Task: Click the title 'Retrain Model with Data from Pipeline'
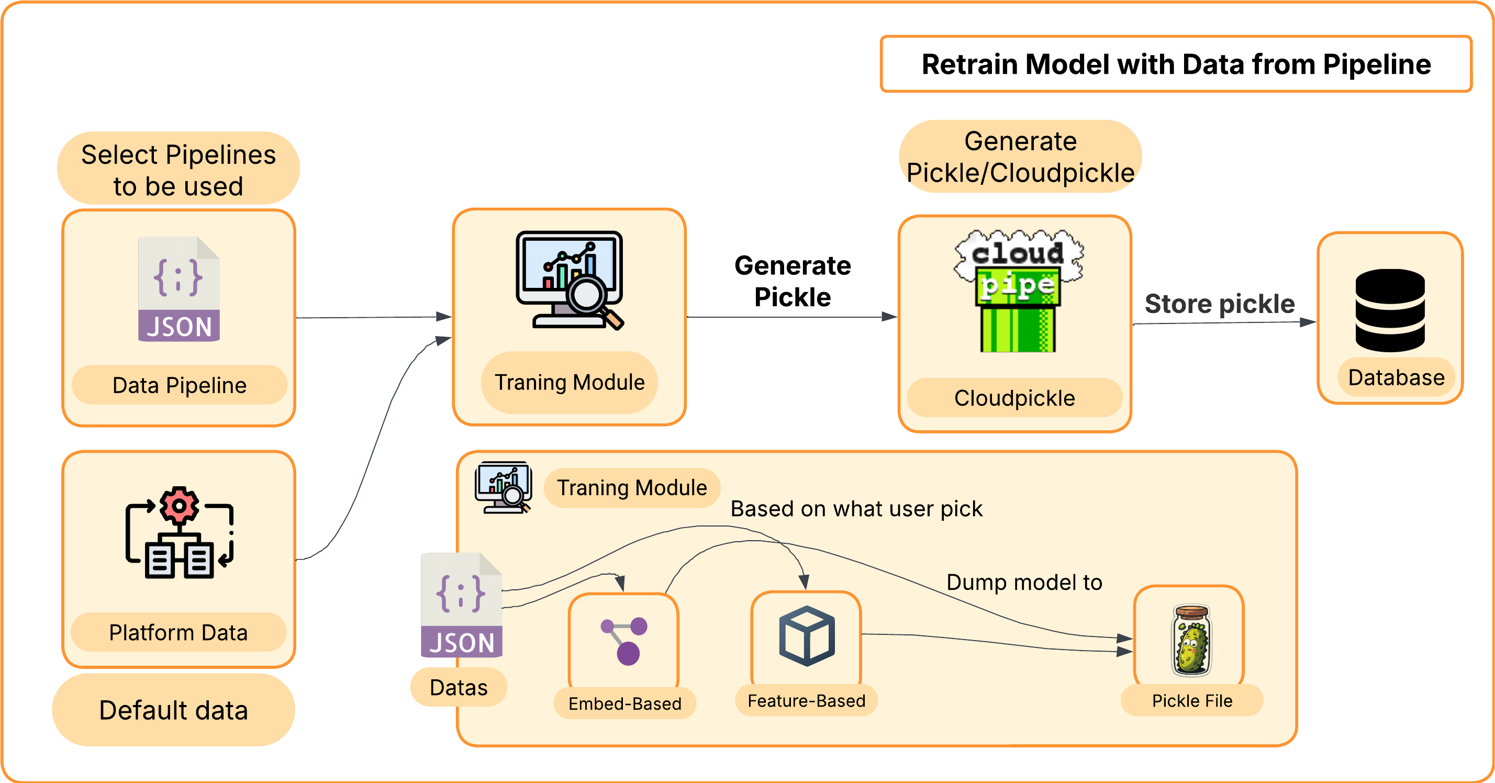pyautogui.click(x=1176, y=64)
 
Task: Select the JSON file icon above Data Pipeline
pyautogui.click(x=178, y=289)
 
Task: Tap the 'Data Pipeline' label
pyautogui.click(x=180, y=385)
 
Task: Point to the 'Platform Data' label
pyautogui.click(x=178, y=632)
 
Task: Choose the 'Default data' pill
pyautogui.click(x=174, y=710)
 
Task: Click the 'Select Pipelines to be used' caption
pyautogui.click(x=178, y=170)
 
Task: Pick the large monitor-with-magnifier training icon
pyautogui.click(x=570, y=280)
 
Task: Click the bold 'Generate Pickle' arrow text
pyautogui.click(x=792, y=281)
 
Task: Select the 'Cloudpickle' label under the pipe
pyautogui.click(x=1014, y=398)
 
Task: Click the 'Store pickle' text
pyautogui.click(x=1219, y=304)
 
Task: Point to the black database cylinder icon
pyautogui.click(x=1390, y=310)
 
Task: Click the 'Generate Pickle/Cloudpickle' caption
pyautogui.click(x=1020, y=156)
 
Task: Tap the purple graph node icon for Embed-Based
pyautogui.click(x=624, y=641)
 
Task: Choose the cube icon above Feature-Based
pyautogui.click(x=807, y=635)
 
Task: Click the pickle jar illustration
pyautogui.click(x=1191, y=641)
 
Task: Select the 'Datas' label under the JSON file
pyautogui.click(x=459, y=687)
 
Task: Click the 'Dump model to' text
pyautogui.click(x=1024, y=582)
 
